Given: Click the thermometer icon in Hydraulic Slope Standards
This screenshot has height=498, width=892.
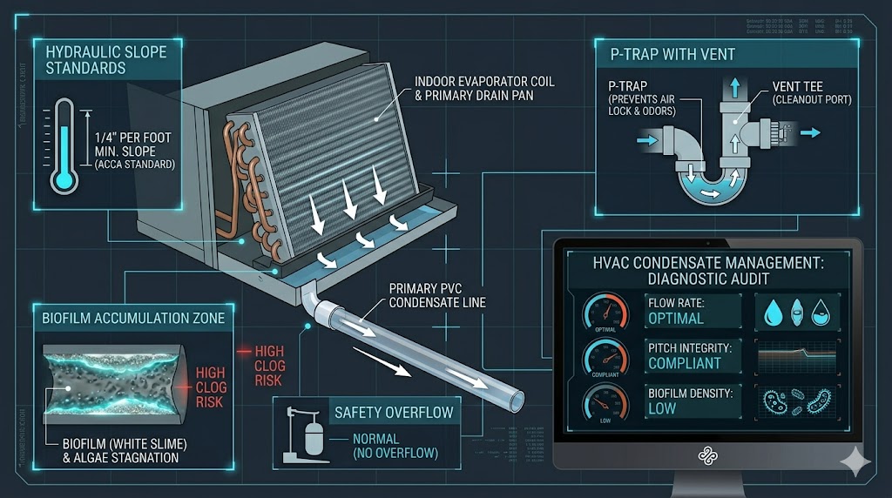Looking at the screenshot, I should point(64,145).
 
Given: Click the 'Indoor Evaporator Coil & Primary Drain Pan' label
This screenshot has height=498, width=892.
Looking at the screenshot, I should point(483,88).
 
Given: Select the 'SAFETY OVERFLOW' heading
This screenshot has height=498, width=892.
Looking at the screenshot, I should point(394,412).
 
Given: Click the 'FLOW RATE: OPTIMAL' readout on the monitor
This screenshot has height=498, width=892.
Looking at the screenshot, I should point(693,311).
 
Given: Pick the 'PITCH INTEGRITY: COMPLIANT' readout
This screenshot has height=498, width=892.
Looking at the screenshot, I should point(693,355).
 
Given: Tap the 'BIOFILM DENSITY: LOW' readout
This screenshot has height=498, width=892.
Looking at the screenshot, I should point(693,400).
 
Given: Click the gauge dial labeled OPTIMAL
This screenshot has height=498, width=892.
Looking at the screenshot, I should point(605,309).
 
